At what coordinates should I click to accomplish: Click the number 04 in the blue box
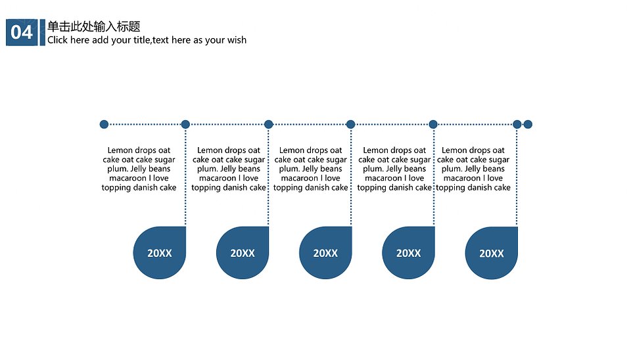[x=21, y=33]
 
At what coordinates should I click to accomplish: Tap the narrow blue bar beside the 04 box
[x=43, y=32]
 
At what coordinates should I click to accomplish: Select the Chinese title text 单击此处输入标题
[x=94, y=26]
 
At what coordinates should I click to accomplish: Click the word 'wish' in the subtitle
[x=237, y=40]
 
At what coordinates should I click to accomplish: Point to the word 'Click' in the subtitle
[x=58, y=40]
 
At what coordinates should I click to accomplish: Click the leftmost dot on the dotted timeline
[x=104, y=124]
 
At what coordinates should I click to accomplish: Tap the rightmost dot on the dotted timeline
[x=528, y=124]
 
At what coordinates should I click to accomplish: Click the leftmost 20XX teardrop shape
[x=159, y=253]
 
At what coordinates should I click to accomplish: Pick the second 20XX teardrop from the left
[x=243, y=253]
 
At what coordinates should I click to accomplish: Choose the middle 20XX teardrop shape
[x=325, y=253]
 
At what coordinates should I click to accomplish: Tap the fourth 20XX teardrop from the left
[x=408, y=253]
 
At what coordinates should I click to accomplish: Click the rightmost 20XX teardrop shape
[x=492, y=253]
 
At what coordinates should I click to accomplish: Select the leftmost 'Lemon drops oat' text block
[x=139, y=169]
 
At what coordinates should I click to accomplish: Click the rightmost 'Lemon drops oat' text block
[x=473, y=169]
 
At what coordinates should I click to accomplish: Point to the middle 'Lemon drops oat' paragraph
[x=311, y=169]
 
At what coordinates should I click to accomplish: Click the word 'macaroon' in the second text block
[x=218, y=178]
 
